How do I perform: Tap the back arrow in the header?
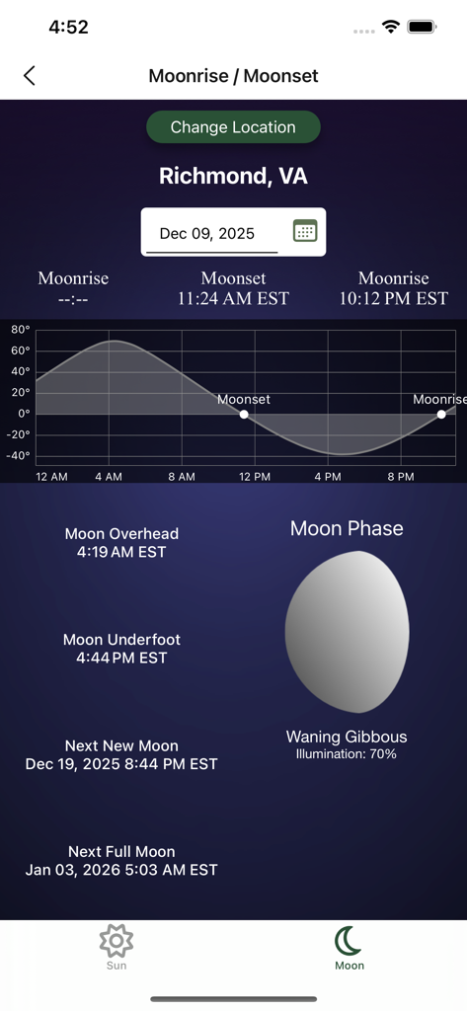[30, 76]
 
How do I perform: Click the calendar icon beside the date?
[305, 231]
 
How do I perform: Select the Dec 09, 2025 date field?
[207, 234]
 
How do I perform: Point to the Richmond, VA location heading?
[233, 176]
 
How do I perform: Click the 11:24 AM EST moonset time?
[233, 298]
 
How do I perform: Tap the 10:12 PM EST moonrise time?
[393, 298]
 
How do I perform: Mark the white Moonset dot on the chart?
[244, 415]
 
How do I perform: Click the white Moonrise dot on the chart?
[441, 415]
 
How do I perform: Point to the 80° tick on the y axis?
[20, 330]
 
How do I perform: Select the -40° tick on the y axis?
[18, 456]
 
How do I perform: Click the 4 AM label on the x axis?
[109, 477]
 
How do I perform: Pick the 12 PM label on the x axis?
[255, 477]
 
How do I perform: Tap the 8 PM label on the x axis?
[401, 477]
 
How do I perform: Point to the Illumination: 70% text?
[347, 754]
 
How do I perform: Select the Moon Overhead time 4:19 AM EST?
[121, 552]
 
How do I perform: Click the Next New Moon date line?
[121, 764]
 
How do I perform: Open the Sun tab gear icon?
[117, 941]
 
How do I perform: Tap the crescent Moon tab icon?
[349, 941]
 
